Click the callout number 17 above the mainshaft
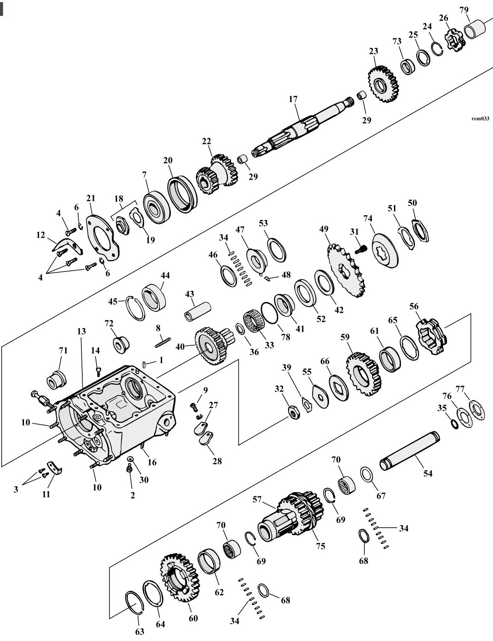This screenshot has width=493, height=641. pyautogui.click(x=293, y=100)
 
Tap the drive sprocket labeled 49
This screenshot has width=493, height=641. pyautogui.click(x=346, y=270)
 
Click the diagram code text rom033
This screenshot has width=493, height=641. pyautogui.click(x=480, y=118)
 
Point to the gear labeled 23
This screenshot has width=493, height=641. pyautogui.click(x=383, y=84)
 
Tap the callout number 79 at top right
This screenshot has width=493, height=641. pyautogui.click(x=464, y=10)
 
